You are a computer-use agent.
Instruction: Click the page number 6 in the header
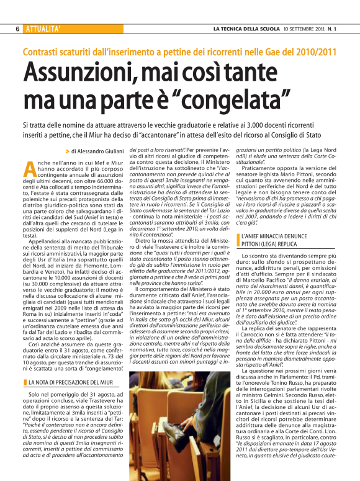tap(17, 29)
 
